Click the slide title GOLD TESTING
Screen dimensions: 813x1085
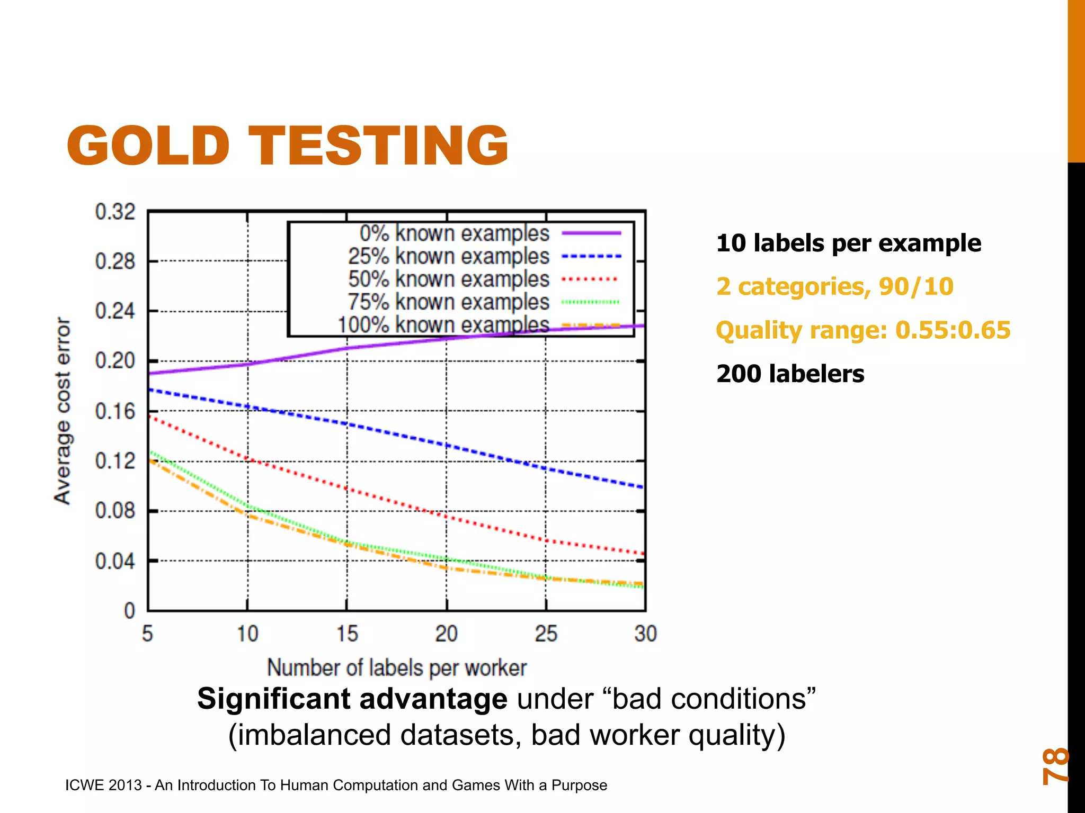click(x=288, y=146)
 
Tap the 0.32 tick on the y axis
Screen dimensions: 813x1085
click(x=115, y=212)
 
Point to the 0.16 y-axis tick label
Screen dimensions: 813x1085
click(x=115, y=411)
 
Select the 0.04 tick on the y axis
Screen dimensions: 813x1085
click(x=115, y=561)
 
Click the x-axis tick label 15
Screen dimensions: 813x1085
click(x=347, y=634)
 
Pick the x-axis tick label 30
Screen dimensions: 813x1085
click(x=645, y=634)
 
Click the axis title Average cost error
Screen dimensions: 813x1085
click(x=63, y=411)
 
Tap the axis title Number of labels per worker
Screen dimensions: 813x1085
click(x=396, y=668)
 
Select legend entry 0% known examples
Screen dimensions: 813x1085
click(x=454, y=233)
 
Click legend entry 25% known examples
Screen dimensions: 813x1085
click(x=448, y=256)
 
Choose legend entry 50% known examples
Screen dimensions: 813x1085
click(x=448, y=279)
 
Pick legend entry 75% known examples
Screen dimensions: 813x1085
click(x=448, y=302)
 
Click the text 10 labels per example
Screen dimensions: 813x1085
click(x=848, y=243)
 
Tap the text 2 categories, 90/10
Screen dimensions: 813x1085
click(x=834, y=287)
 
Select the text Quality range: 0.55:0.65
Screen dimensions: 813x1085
click(x=863, y=330)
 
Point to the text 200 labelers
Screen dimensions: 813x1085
click(x=790, y=374)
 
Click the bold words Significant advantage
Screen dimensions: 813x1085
click(x=352, y=699)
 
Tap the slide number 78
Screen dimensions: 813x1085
click(x=1055, y=765)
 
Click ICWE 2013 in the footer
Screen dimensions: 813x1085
click(x=103, y=785)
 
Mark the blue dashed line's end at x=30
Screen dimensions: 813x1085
click(x=643, y=487)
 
